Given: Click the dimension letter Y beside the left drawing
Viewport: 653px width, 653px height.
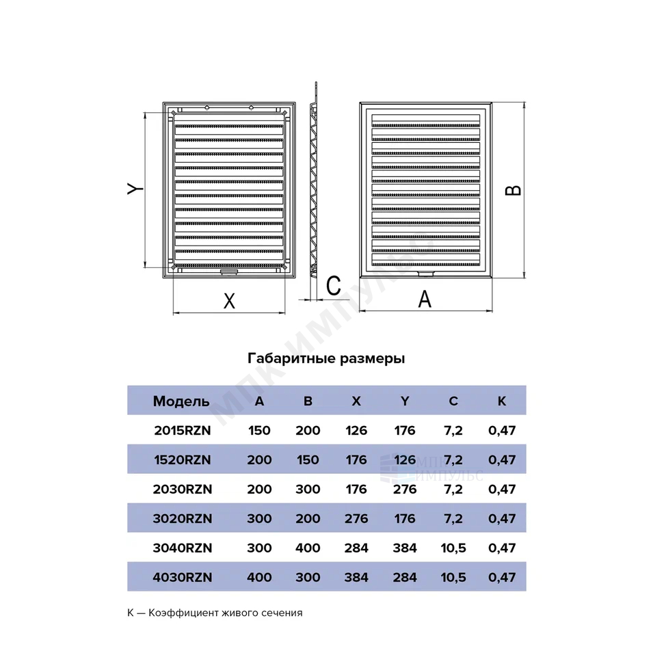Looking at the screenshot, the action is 135,189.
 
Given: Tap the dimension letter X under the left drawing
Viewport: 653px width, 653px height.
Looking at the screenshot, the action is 230,301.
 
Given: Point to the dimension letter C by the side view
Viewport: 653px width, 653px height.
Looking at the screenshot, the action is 334,286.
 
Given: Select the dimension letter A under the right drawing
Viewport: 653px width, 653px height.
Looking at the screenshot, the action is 425,299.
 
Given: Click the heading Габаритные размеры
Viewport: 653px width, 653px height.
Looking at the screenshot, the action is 326,358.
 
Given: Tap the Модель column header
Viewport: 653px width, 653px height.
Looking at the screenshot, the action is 181,401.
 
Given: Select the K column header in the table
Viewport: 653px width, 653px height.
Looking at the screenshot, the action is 502,401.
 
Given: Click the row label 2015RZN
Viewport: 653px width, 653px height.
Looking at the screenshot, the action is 183,430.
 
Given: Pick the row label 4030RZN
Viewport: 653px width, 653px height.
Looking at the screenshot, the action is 183,577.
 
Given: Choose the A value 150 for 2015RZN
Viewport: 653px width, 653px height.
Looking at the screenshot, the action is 259,430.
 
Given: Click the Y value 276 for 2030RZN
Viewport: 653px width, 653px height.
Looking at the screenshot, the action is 405,489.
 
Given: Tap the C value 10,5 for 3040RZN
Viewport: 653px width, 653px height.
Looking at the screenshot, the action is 453,548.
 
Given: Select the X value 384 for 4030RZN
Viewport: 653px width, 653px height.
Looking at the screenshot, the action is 356,577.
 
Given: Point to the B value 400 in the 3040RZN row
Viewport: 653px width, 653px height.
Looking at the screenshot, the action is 308,548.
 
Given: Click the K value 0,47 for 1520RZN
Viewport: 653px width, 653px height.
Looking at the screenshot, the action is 502,459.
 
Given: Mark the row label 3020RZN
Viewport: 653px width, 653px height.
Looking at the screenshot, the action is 183,518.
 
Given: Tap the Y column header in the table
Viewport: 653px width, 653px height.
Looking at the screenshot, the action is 405,401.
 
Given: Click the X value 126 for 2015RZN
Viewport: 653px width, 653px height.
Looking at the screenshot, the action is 356,430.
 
